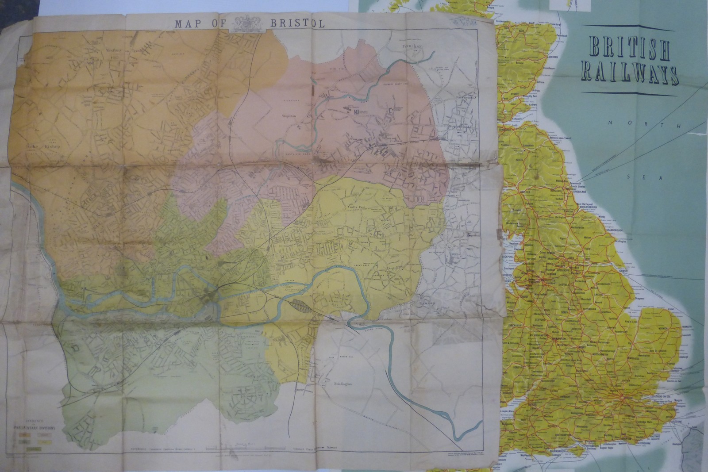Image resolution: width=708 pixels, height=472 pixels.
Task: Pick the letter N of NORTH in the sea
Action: click(610, 123)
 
